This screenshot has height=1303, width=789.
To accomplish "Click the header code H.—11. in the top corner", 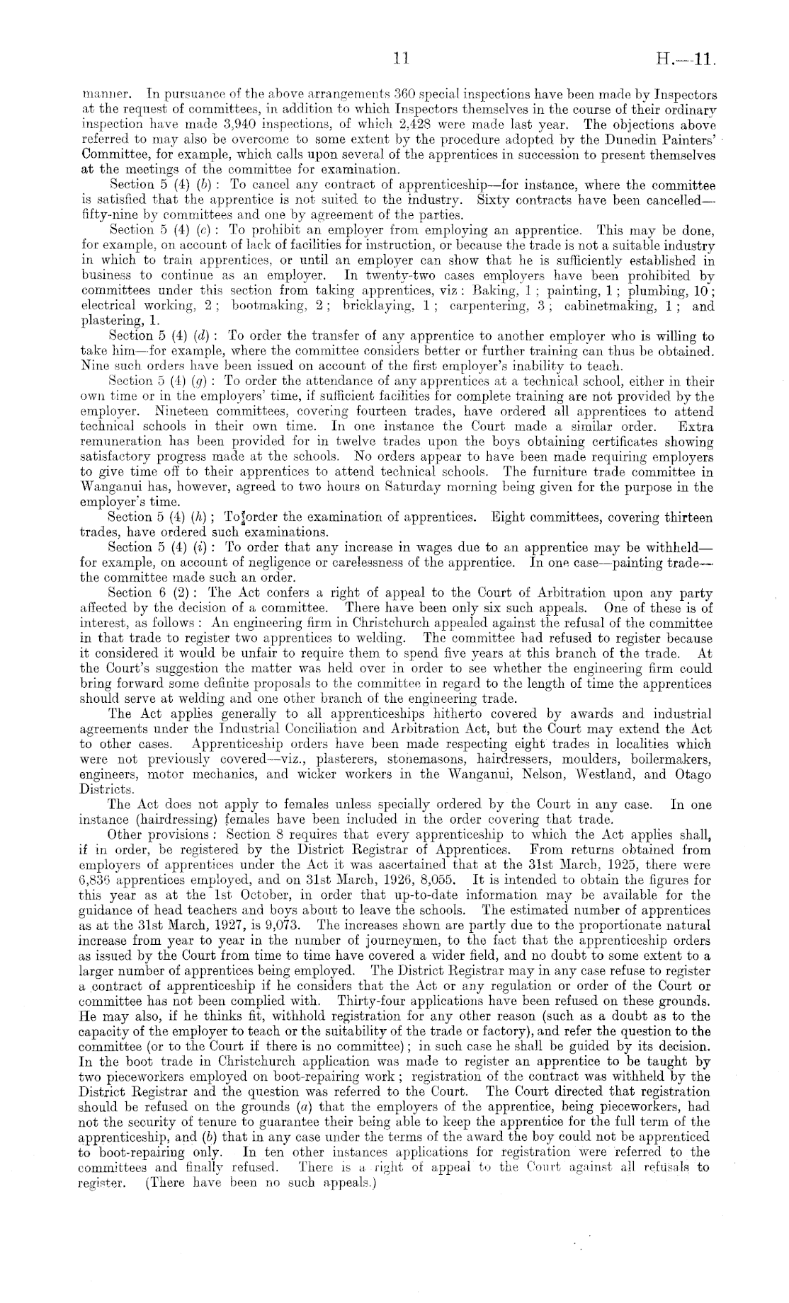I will (x=687, y=61).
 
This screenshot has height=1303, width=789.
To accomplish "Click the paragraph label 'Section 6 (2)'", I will (x=143, y=593).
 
